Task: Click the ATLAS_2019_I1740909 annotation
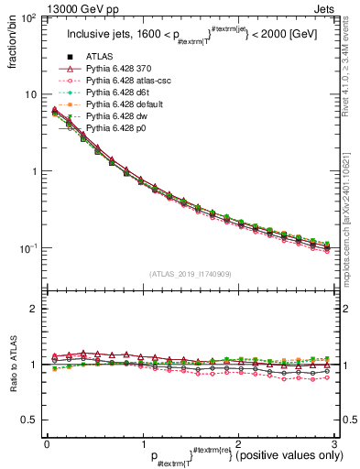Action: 190,273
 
